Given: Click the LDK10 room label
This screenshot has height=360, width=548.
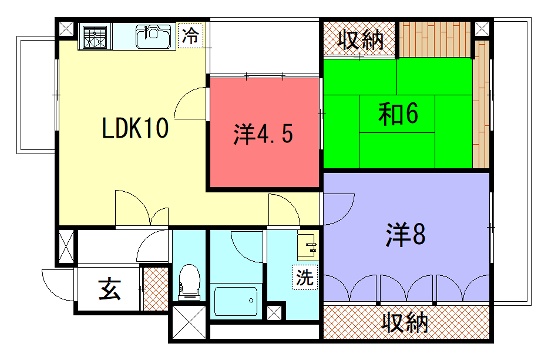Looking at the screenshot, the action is [x=135, y=128].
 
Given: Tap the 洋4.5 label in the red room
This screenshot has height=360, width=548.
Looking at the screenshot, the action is [x=263, y=134].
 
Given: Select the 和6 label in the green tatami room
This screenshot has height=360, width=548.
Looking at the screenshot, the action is [x=398, y=114].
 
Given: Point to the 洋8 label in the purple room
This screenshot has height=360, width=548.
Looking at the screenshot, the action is [x=405, y=235].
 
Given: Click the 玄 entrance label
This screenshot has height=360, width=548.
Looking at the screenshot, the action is [x=109, y=289].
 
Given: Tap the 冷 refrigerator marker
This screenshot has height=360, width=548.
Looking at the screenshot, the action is [x=191, y=35].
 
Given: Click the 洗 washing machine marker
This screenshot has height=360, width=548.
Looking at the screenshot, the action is [x=305, y=277].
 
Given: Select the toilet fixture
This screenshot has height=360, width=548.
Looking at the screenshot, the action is [x=189, y=282].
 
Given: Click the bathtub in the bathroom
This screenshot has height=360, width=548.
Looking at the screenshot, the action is [x=236, y=302].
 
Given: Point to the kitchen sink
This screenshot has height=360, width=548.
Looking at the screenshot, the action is [x=154, y=36].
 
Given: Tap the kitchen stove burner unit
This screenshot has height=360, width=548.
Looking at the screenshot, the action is [x=94, y=36].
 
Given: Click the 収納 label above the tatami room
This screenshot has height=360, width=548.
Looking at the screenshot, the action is [x=361, y=40].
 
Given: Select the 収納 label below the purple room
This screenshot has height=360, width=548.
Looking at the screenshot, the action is [x=405, y=323].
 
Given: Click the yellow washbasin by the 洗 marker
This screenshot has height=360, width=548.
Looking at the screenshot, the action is [x=308, y=245].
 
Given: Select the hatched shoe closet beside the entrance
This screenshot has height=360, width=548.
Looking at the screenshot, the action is [x=156, y=289].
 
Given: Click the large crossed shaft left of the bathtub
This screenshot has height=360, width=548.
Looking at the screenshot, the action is [x=189, y=322].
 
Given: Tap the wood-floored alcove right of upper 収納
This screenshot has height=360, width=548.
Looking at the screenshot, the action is [x=435, y=39].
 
